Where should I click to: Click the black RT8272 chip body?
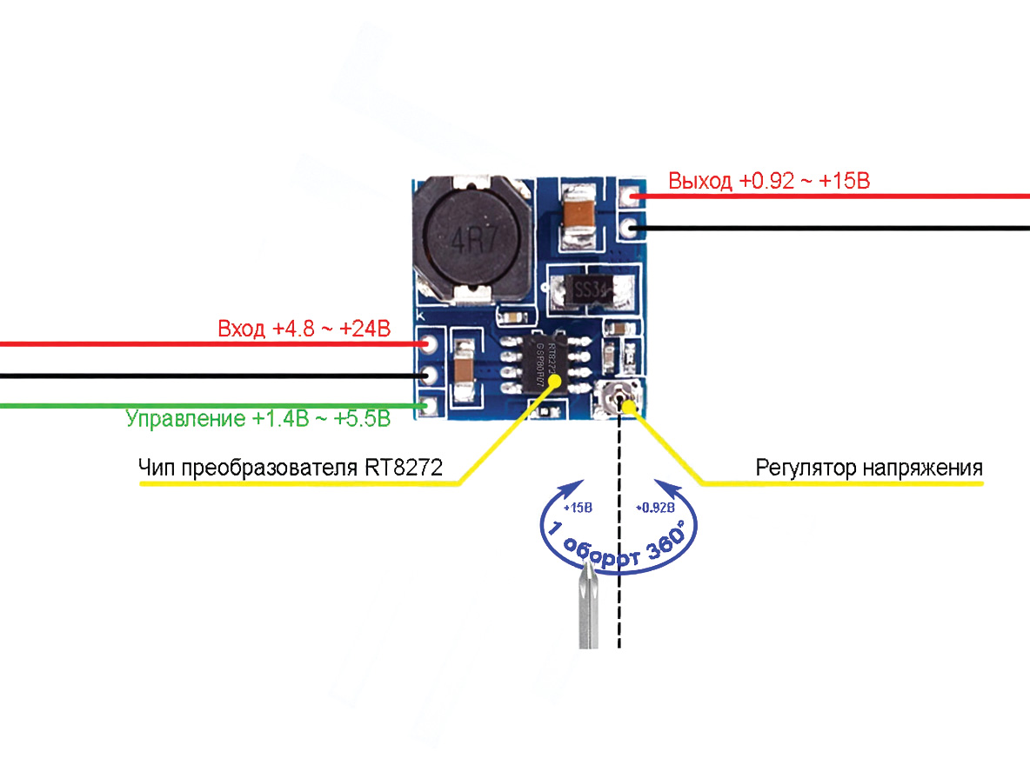click(541, 364)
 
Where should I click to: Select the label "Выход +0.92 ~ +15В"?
click(769, 182)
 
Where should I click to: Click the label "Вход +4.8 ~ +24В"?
click(304, 330)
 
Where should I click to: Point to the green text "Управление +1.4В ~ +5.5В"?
click(257, 419)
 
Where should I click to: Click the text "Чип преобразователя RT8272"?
click(291, 469)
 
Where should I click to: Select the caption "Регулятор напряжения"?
click(869, 469)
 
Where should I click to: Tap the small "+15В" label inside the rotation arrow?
click(578, 507)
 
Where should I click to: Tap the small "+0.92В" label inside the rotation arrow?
click(655, 507)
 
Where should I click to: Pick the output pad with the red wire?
click(630, 197)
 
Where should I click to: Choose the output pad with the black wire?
click(630, 229)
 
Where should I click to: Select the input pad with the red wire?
click(427, 344)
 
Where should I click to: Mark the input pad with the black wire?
click(427, 375)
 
